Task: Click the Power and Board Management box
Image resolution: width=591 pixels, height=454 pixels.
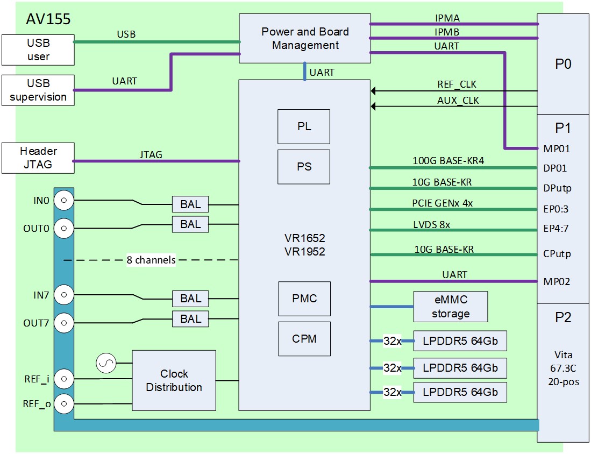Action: [305, 38]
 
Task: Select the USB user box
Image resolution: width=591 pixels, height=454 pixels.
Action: [38, 49]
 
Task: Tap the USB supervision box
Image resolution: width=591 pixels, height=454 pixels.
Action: [38, 90]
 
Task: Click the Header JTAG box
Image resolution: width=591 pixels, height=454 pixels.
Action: [38, 158]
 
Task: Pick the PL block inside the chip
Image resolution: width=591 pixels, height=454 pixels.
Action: [304, 127]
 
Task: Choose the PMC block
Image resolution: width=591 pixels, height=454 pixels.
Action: [304, 299]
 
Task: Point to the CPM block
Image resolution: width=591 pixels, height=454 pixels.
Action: [304, 339]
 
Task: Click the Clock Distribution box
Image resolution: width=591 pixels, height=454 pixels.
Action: [174, 380]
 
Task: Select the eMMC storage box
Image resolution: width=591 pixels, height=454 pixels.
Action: [450, 307]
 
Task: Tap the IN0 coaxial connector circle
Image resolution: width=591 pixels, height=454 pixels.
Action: [64, 201]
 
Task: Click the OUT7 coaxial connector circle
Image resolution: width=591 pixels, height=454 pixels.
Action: [64, 323]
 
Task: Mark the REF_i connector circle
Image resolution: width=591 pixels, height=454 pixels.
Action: [64, 378]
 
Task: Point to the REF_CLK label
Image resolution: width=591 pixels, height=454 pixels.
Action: [457, 84]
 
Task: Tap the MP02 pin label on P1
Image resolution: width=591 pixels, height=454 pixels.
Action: [557, 281]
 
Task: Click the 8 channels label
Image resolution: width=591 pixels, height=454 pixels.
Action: [151, 260]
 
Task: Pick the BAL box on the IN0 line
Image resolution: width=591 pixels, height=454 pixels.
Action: [190, 204]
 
